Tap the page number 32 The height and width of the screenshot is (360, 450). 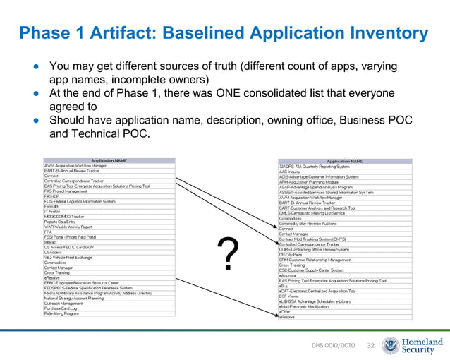point(370,345)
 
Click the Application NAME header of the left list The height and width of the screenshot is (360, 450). point(109,160)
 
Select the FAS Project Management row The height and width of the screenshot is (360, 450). point(66,191)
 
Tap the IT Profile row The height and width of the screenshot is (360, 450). point(52,211)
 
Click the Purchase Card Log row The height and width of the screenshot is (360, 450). point(63,308)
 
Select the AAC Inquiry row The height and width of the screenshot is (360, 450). point(290,172)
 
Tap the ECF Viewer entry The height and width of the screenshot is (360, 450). point(288,296)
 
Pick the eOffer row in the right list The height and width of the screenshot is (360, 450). point(285,311)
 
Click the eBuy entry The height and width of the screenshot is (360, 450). point(284,285)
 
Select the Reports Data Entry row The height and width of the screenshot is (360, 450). point(60,222)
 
